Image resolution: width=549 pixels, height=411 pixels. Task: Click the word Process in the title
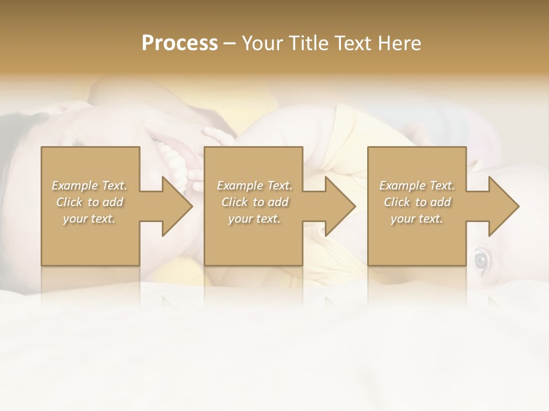tap(180, 43)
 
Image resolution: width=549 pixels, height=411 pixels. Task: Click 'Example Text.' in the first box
tap(90, 186)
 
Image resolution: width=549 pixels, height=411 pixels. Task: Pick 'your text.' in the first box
tap(90, 219)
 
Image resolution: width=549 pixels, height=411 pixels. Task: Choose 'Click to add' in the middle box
tap(254, 202)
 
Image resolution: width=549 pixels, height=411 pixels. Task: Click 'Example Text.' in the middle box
tap(254, 186)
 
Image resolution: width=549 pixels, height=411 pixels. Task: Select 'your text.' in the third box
tap(417, 219)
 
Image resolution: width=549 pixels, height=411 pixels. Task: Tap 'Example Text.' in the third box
tap(417, 186)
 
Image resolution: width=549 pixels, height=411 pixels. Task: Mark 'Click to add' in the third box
tap(417, 202)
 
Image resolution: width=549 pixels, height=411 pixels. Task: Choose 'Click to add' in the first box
tap(90, 202)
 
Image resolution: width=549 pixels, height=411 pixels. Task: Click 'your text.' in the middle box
tap(254, 219)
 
